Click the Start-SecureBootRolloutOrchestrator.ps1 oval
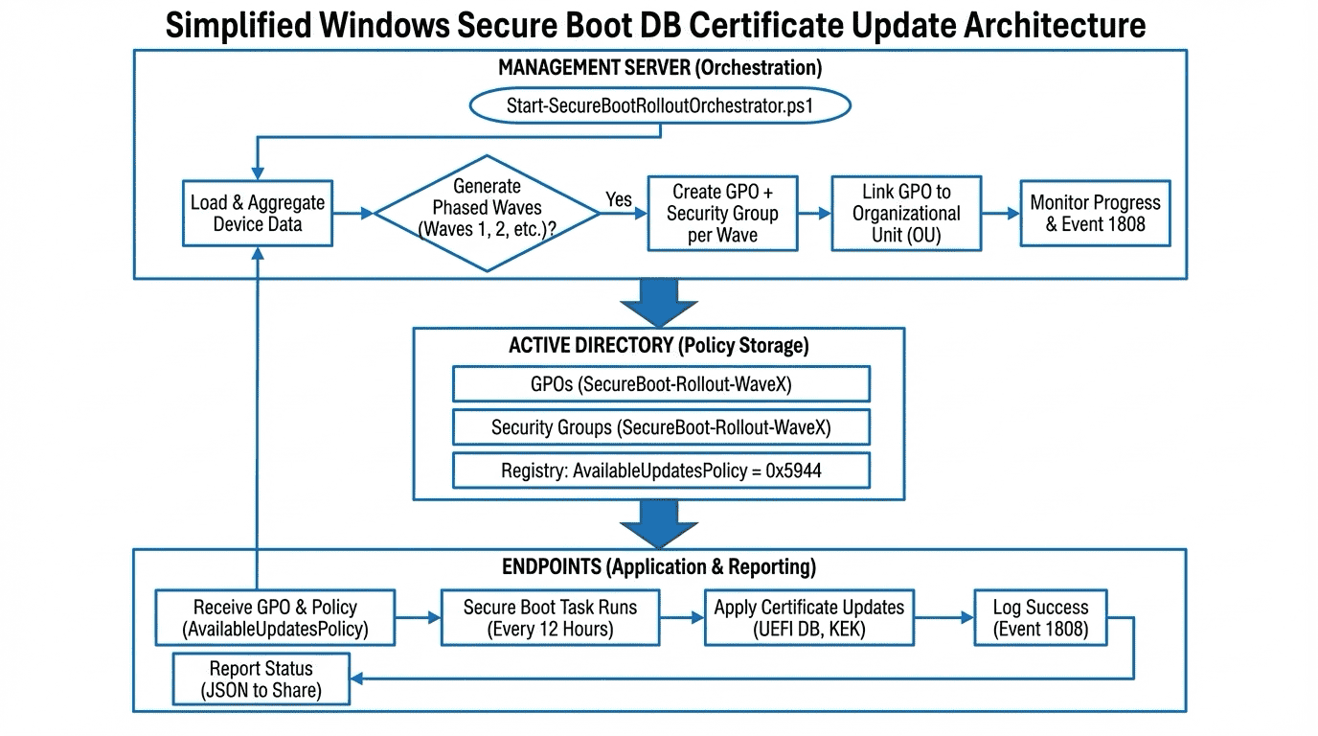coord(660,105)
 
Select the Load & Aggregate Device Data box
coord(258,214)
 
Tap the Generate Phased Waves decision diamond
coord(487,214)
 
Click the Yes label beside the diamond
coord(619,199)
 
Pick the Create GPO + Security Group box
coord(722,214)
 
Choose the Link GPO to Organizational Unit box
coord(906,214)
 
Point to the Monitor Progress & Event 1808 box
coord(1095,214)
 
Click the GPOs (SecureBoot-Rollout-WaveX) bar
coord(661,384)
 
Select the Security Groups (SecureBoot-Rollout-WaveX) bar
coord(661,427)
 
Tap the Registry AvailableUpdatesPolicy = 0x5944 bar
coord(661,471)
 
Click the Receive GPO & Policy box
coord(275,618)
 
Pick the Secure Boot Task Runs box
coord(550,618)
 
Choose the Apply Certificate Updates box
coord(808,618)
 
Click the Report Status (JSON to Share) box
coord(261,678)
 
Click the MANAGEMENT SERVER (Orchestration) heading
coord(660,68)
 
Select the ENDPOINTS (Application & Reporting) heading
coord(659,566)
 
